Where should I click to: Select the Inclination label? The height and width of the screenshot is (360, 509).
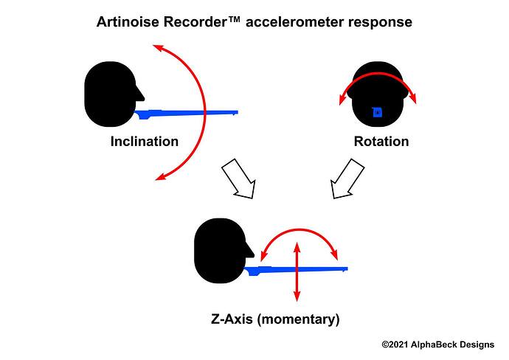tap(144, 141)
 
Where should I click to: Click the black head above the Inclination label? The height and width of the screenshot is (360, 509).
tap(111, 94)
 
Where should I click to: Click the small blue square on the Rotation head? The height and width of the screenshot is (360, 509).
tap(377, 112)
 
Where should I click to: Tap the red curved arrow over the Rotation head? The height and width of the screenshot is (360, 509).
tap(378, 76)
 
